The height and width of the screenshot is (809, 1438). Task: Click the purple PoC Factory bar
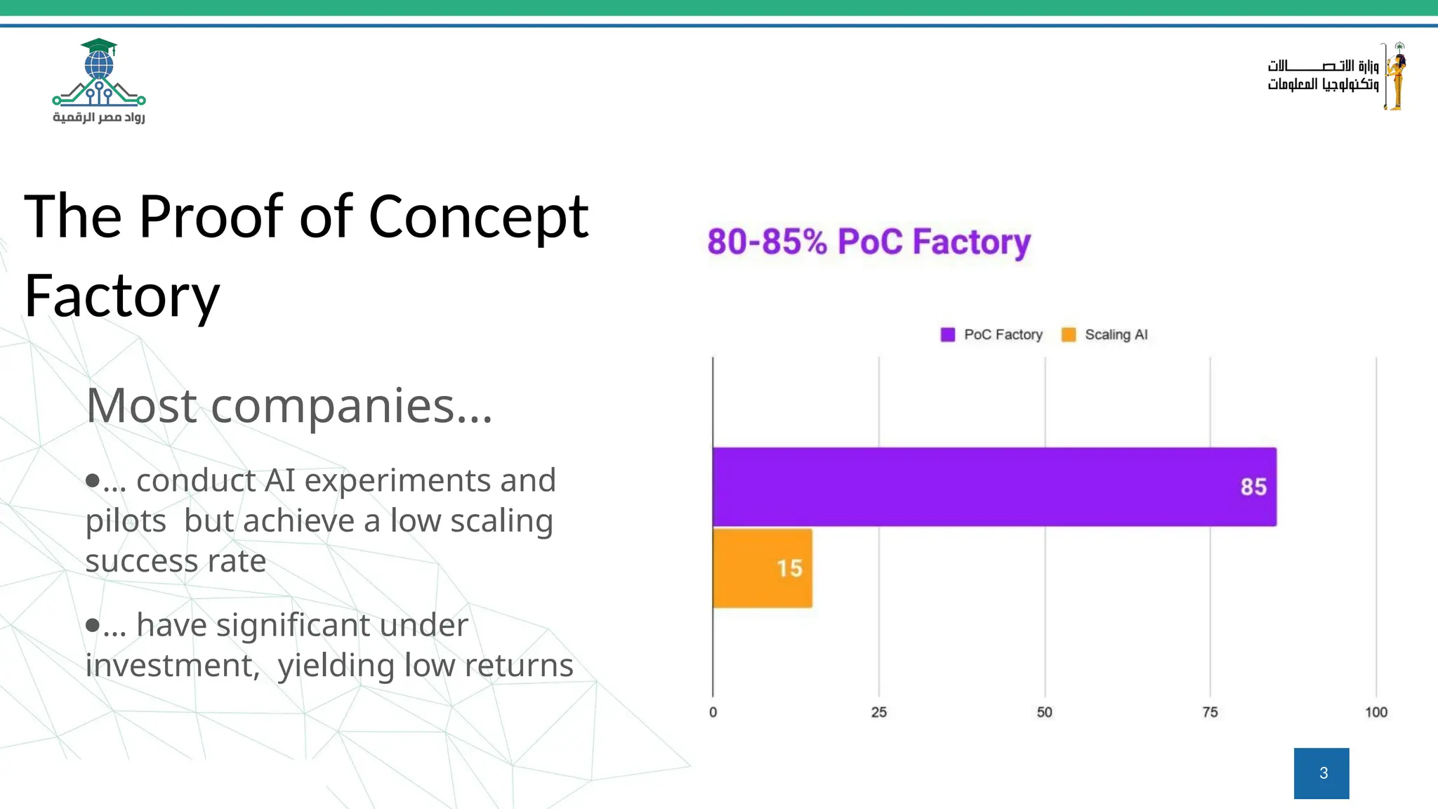tap(983, 487)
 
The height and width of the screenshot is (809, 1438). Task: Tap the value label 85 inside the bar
tap(1253, 487)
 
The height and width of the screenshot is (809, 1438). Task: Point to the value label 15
tap(789, 568)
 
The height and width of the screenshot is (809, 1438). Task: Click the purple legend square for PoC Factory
tap(948, 335)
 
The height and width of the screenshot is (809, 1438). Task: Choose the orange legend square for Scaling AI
tap(1069, 335)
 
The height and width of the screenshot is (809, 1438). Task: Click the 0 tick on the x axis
tap(713, 712)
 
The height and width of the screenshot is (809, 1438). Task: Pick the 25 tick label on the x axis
tap(878, 712)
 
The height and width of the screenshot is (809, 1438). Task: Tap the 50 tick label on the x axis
tap(1044, 712)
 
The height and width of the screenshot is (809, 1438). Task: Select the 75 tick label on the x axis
tap(1210, 712)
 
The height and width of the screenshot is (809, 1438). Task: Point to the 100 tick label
tap(1376, 712)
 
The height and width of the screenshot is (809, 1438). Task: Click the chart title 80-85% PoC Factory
tap(869, 242)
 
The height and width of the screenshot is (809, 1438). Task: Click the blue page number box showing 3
tap(1321, 773)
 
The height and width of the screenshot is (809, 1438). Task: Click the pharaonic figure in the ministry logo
tap(1395, 76)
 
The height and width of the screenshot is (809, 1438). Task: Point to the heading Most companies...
tap(289, 406)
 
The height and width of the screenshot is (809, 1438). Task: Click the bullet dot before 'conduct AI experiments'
tap(92, 480)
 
